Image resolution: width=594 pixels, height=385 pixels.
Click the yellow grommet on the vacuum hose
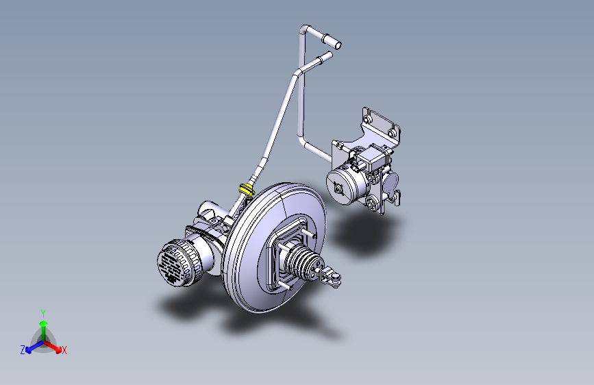247,188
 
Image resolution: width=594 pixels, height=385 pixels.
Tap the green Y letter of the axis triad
42,312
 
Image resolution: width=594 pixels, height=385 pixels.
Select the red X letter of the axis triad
64,351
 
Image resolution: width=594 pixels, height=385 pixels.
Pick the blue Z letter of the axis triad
23,350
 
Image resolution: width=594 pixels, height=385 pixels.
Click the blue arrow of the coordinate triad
32,347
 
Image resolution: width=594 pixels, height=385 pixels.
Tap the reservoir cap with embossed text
173,264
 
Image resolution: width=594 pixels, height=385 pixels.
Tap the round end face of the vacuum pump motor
337,186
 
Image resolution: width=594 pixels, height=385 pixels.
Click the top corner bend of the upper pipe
305,30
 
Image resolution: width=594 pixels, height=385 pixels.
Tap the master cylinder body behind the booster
209,226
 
